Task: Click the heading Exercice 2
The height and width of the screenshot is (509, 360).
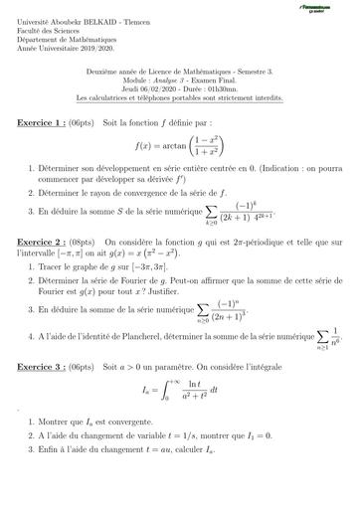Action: [43, 242]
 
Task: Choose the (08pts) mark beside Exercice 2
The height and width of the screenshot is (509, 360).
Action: [99, 242]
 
